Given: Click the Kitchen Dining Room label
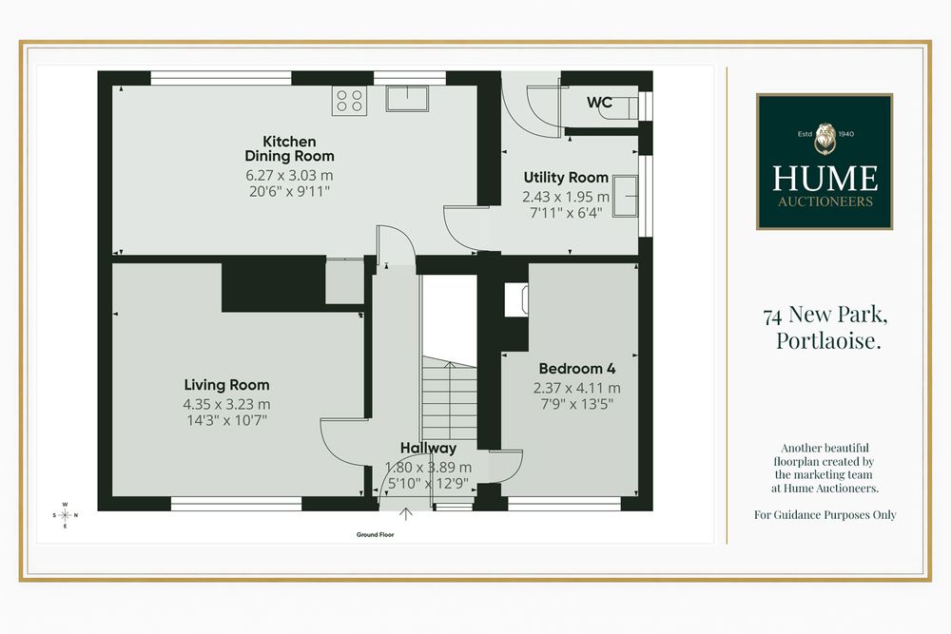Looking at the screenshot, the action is click(289, 148).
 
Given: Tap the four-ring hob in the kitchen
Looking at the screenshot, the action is click(349, 101).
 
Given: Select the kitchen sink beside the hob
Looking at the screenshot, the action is click(407, 99).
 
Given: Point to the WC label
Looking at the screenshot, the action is click(599, 103).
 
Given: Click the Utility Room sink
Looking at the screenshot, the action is click(626, 196).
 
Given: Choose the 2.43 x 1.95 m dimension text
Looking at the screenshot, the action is click(566, 197).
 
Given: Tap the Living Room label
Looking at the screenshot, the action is click(227, 385).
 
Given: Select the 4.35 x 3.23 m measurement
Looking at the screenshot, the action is click(227, 404).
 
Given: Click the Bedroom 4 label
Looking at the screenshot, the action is click(577, 369).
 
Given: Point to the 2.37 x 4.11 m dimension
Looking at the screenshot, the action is click(577, 388).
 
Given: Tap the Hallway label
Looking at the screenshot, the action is click(428, 449).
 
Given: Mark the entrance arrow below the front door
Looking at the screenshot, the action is click(406, 514).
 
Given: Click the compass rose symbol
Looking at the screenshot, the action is click(65, 515).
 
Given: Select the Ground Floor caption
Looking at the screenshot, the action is click(375, 534).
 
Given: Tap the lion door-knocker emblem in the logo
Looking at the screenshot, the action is click(825, 139).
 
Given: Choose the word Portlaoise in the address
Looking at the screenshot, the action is click(828, 340).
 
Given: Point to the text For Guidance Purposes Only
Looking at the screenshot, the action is click(825, 514).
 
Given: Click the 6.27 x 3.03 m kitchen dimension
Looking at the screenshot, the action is click(289, 175).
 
